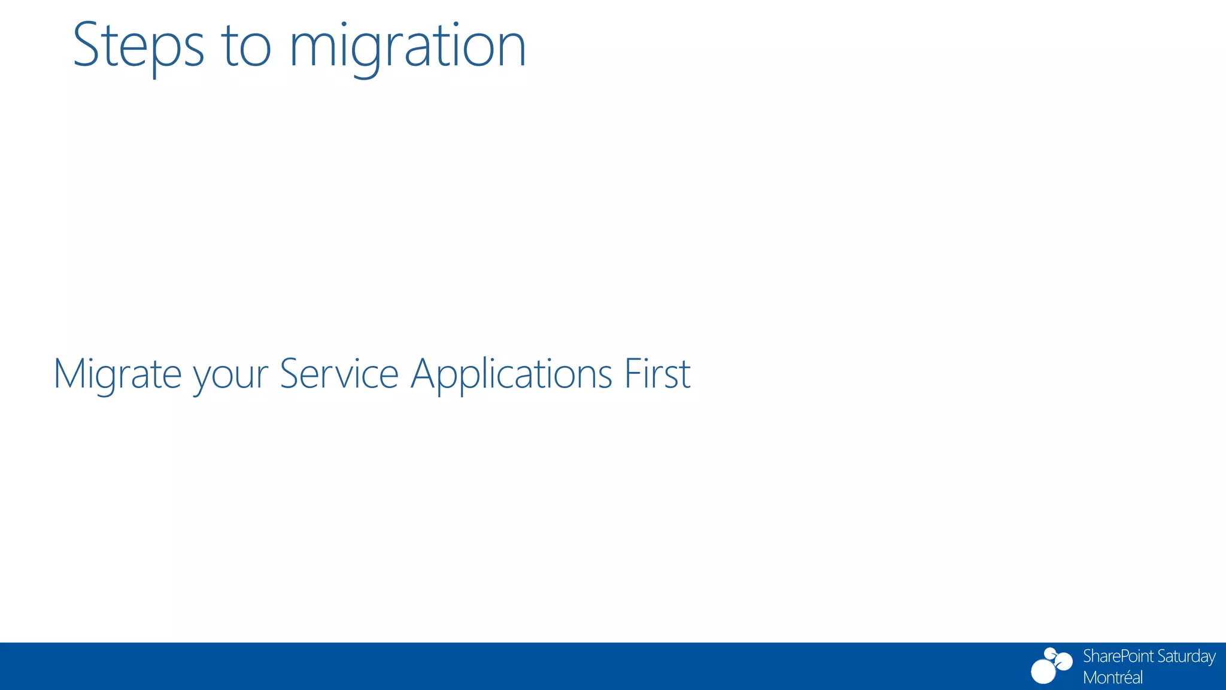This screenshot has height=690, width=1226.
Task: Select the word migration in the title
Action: [407, 48]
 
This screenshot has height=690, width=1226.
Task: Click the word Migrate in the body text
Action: [117, 374]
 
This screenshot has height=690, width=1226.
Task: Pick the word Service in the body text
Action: [339, 374]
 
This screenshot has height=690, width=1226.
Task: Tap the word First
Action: [657, 374]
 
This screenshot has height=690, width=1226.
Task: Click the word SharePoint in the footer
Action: [1118, 657]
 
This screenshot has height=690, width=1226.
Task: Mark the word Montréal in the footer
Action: [1113, 677]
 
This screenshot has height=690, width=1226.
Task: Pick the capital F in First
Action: [632, 374]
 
